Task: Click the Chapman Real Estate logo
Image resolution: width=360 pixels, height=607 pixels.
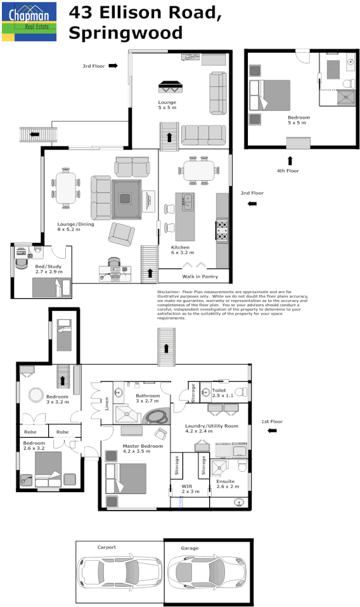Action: (29, 22)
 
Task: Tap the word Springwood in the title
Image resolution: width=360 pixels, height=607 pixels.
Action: (125, 32)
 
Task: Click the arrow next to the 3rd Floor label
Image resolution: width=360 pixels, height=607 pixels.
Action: (113, 65)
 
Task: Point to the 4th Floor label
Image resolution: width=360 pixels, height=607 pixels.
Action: (287, 171)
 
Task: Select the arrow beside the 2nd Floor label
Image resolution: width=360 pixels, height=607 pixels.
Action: (252, 204)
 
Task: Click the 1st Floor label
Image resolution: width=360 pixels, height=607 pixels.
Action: (271, 421)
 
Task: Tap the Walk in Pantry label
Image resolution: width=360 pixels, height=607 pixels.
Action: (200, 277)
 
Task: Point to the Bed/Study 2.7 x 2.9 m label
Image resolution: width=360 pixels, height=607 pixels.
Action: (49, 269)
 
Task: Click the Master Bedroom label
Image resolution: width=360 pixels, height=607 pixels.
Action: (137, 448)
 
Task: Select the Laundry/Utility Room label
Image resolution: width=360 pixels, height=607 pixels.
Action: (212, 428)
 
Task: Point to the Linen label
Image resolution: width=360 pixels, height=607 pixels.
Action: (106, 402)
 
